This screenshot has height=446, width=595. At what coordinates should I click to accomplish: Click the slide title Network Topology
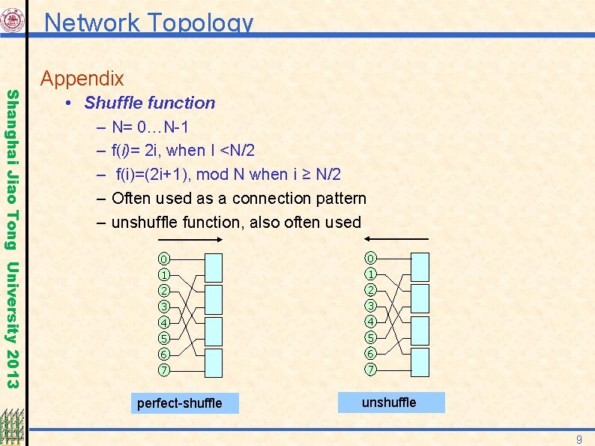click(148, 22)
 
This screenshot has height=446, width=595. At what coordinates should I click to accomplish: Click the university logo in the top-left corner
click(13, 20)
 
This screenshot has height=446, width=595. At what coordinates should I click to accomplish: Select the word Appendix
click(82, 78)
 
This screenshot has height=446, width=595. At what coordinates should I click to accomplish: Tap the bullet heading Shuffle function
click(149, 103)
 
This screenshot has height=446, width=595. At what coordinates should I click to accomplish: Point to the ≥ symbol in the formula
click(306, 175)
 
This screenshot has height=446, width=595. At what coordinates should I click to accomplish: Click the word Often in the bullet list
click(132, 199)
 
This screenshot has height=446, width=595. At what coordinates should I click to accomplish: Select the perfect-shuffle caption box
click(179, 403)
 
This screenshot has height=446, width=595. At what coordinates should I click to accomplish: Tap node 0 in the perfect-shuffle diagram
click(163, 259)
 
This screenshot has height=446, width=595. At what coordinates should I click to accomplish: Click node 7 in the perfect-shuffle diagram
click(163, 370)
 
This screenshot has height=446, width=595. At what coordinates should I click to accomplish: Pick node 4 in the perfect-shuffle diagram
click(163, 322)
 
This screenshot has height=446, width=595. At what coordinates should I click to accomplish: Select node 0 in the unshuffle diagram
click(371, 259)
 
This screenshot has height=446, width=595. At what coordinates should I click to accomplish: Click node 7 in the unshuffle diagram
click(371, 370)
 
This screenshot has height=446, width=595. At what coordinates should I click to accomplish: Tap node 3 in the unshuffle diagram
click(371, 306)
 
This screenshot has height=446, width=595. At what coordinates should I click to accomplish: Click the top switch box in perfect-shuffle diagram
click(214, 267)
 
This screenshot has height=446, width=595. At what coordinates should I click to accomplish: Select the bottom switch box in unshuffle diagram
click(420, 361)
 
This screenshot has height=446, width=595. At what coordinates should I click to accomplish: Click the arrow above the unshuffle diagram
click(404, 239)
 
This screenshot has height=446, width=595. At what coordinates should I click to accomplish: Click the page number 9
click(579, 438)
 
